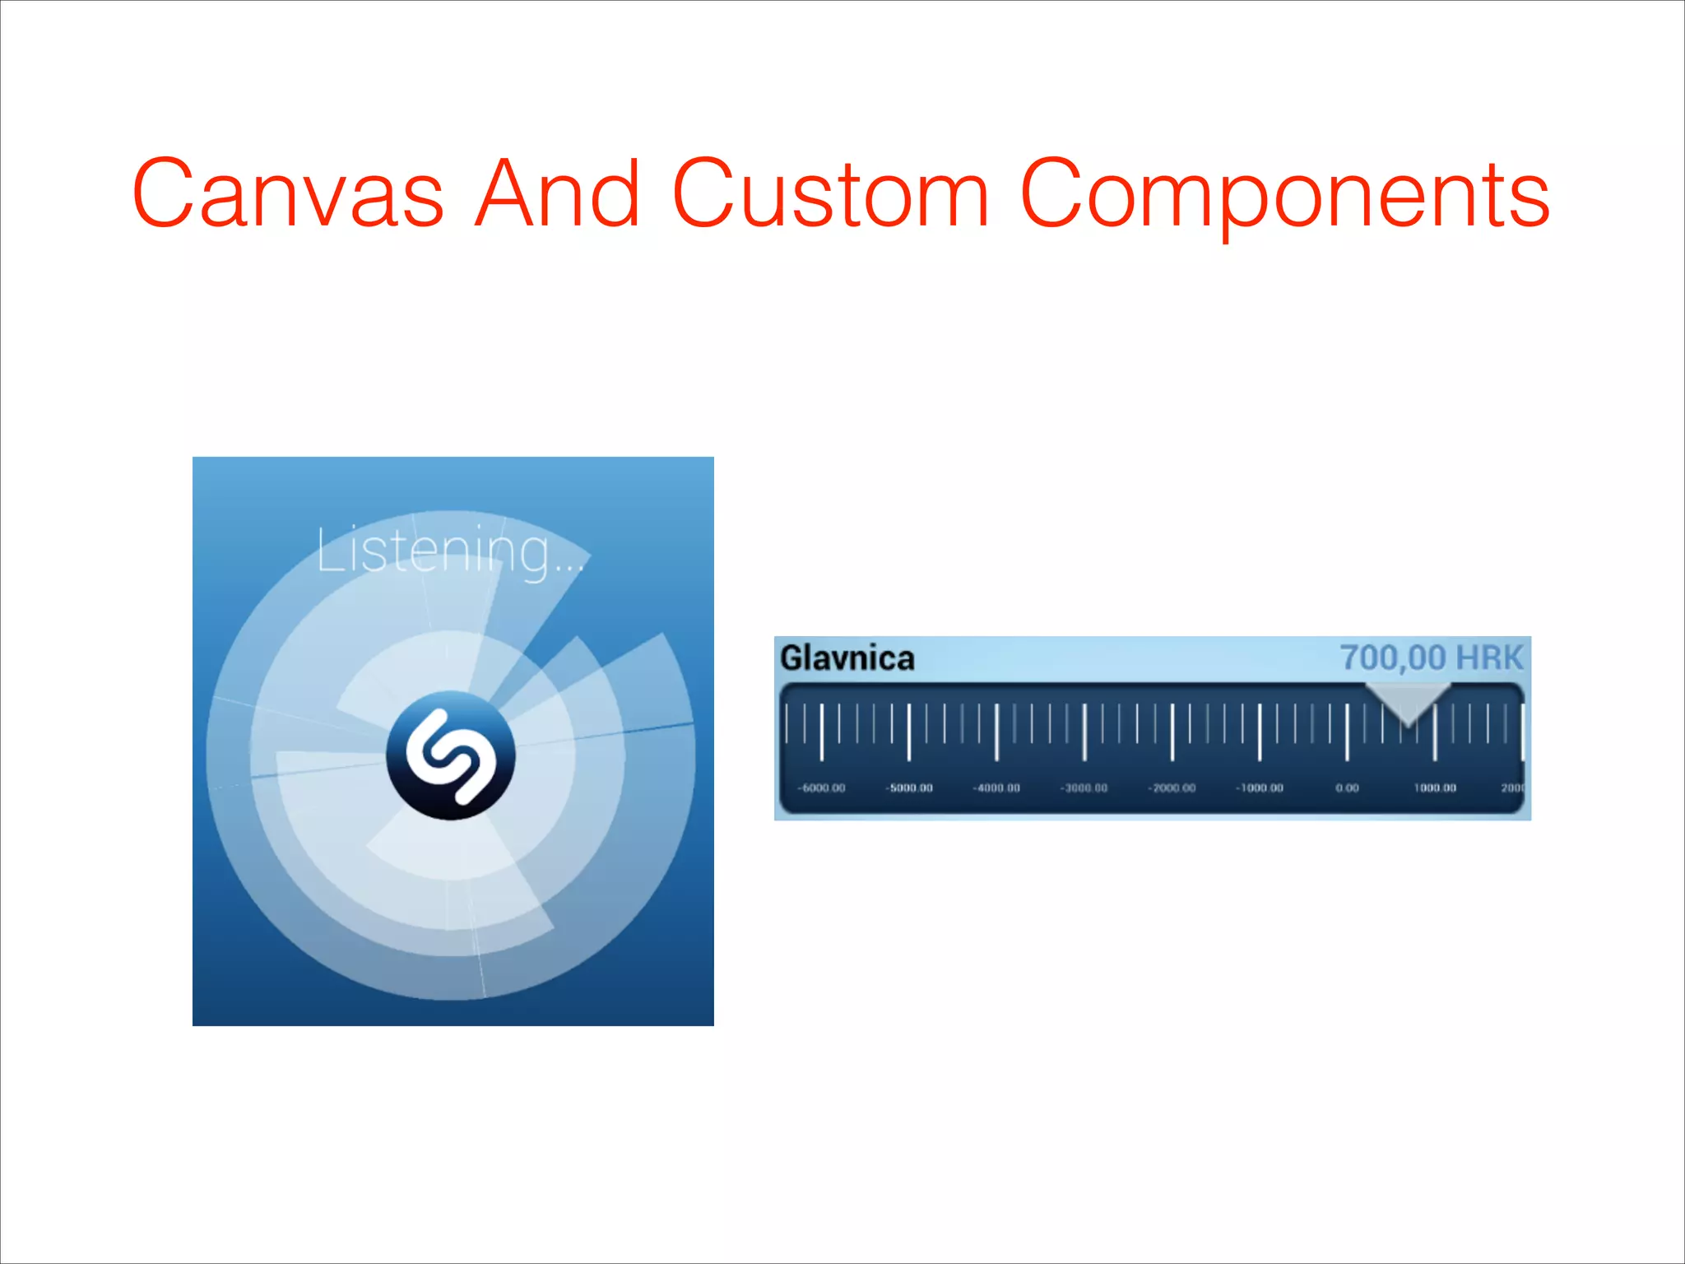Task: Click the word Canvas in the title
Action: tap(288, 195)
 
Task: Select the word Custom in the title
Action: tap(830, 195)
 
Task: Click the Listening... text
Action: tap(448, 551)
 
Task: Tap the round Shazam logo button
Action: tap(451, 755)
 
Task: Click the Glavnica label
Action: tap(847, 658)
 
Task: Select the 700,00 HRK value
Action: tap(1432, 658)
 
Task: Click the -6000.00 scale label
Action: tap(821, 788)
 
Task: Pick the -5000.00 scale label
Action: tap(909, 788)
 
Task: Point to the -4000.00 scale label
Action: tap(996, 788)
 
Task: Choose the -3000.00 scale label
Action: tap(1084, 788)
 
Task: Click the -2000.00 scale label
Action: tap(1172, 788)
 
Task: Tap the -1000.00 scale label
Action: tap(1260, 788)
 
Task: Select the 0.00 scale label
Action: tap(1347, 788)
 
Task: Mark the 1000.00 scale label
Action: tap(1435, 788)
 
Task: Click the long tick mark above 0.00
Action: tap(1347, 732)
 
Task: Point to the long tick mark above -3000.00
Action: tap(1084, 732)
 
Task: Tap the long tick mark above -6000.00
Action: tap(821, 732)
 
